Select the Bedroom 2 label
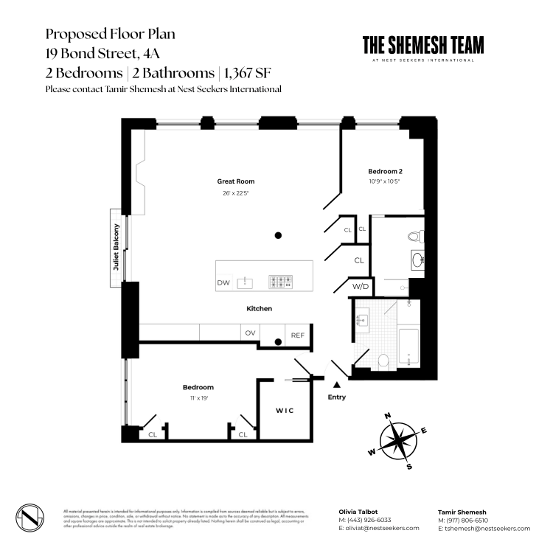[385, 171]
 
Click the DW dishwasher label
[223, 282]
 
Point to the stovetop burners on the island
[281, 281]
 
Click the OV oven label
[250, 333]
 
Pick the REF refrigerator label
[297, 335]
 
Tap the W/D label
[360, 286]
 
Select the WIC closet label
[285, 410]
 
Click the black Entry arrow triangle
[337, 384]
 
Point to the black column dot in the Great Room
[278, 236]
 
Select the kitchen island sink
[248, 282]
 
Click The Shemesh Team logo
[423, 48]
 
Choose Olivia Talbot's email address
[378, 528]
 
